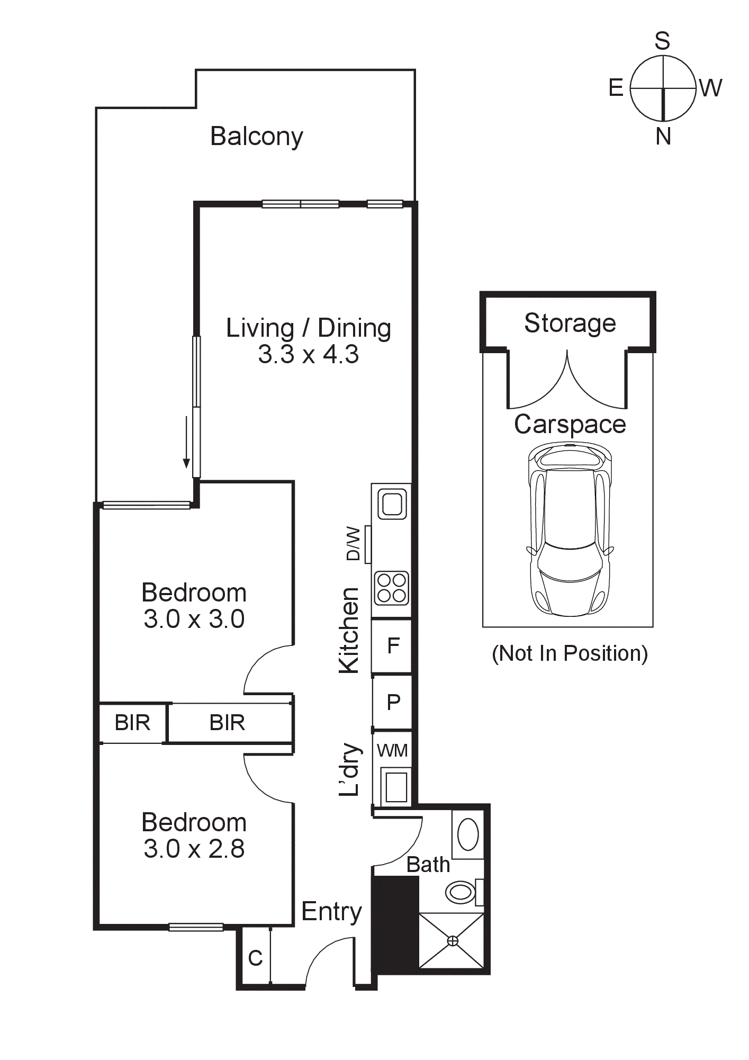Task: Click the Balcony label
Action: (257, 137)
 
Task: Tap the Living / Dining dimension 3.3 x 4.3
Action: (308, 354)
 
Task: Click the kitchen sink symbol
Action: (392, 504)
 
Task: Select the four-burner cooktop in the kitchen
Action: (392, 588)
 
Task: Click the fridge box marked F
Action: (392, 645)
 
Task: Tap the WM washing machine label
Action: (392, 750)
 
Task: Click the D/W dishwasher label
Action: (353, 544)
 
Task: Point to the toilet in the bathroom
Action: (460, 892)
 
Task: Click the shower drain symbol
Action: (453, 941)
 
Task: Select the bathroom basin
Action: (468, 834)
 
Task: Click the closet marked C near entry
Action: (255, 958)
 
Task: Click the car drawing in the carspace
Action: (570, 529)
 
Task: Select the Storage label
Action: (570, 323)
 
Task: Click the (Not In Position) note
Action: (570, 653)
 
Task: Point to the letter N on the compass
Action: (663, 137)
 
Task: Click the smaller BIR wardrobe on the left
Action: (132, 723)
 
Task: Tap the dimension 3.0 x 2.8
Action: (194, 849)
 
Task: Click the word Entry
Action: (331, 912)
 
